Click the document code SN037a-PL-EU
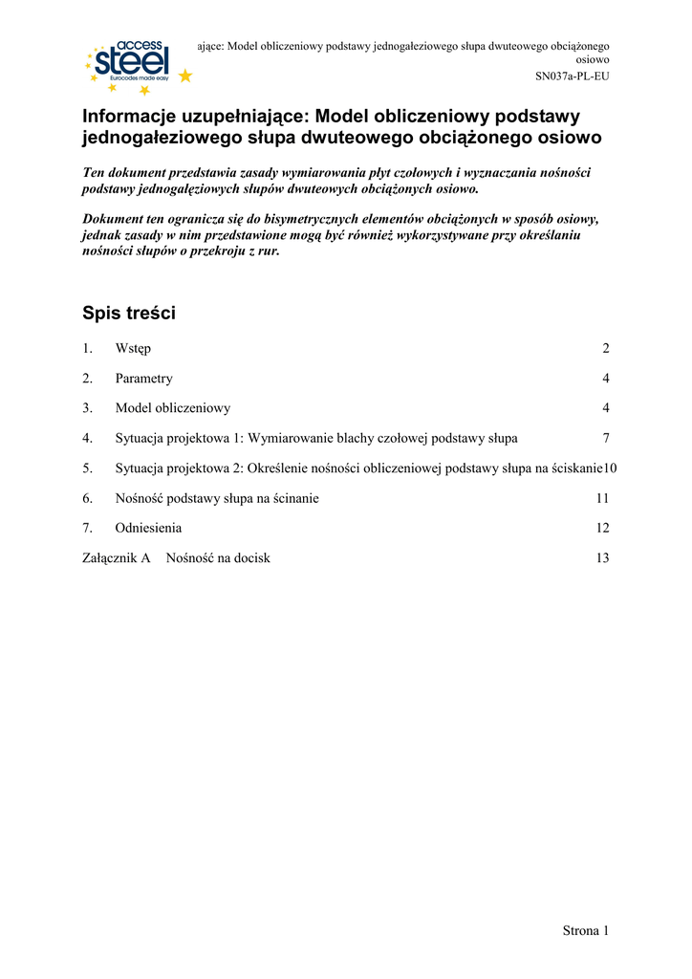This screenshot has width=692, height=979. (x=571, y=77)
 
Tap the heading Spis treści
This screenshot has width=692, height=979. (x=129, y=314)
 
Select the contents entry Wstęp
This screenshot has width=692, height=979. (x=133, y=349)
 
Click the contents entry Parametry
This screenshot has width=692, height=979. (x=143, y=379)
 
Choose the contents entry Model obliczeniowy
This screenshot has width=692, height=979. (x=172, y=408)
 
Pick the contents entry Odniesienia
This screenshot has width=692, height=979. (x=148, y=528)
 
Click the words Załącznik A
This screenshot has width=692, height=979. (x=117, y=557)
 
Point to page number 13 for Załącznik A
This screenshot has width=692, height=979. (x=602, y=557)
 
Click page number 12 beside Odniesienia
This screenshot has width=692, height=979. (x=602, y=528)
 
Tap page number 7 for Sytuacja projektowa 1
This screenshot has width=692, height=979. (x=606, y=438)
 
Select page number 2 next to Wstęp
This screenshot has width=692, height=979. (x=606, y=349)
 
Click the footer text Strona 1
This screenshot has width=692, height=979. (x=585, y=930)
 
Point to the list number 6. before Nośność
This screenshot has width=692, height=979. (x=87, y=498)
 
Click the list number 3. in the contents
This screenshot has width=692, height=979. (x=87, y=408)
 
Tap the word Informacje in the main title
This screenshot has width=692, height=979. (x=128, y=117)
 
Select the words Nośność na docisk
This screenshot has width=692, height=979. (x=218, y=557)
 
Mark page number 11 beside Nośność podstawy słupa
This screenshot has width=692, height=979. (x=602, y=498)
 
